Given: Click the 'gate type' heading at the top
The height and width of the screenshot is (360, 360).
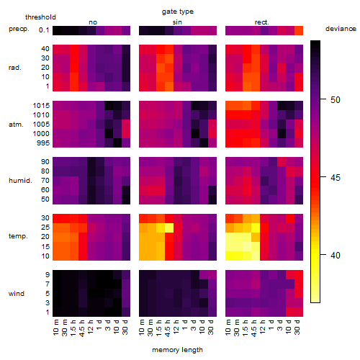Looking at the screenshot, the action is [178, 12].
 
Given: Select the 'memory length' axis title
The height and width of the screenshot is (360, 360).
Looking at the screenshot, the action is [177, 350].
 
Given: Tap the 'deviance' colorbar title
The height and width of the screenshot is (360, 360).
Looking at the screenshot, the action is [341, 29].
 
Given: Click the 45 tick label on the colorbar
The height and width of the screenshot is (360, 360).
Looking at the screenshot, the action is [336, 178].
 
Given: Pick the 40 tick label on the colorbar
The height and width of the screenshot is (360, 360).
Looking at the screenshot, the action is [336, 255].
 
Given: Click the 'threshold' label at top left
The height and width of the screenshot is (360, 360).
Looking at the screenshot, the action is [40, 17].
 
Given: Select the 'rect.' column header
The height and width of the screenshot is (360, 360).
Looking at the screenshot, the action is [261, 22].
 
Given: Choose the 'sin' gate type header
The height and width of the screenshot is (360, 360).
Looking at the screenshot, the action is [177, 22].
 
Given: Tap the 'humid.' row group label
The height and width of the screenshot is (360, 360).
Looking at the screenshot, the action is [20, 181].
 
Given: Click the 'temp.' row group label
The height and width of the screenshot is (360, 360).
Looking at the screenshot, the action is [18, 236].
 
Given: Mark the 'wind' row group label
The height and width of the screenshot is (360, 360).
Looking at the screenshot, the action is [17, 294].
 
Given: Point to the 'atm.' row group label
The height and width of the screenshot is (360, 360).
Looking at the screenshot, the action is [16, 125].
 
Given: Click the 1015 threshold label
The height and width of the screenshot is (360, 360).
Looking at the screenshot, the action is [41, 106].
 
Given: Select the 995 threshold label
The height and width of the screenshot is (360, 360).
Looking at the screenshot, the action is [43, 143].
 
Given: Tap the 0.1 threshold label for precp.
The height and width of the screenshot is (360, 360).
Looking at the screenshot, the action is [44, 30].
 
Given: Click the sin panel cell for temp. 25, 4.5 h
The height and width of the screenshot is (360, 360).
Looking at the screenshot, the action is [169, 228].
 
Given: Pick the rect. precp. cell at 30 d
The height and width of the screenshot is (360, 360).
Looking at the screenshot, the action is [299, 30].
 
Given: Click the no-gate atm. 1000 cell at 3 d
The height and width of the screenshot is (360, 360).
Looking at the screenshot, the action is [109, 134].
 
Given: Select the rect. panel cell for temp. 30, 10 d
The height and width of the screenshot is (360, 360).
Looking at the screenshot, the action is [290, 218].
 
